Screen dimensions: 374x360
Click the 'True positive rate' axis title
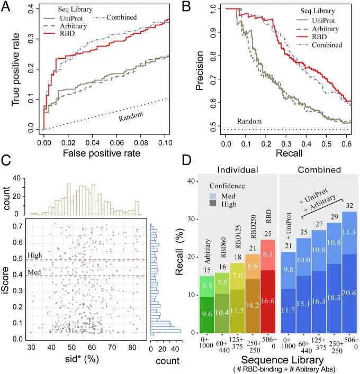13,71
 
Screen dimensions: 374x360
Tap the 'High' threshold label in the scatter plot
34,256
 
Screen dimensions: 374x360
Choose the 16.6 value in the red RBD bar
267,301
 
